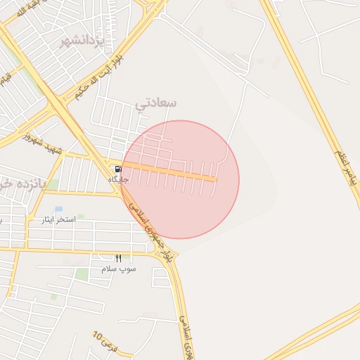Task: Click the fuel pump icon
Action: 117,169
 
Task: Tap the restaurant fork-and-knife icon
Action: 118,259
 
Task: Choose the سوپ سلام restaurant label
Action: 118,269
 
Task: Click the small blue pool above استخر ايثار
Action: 58,209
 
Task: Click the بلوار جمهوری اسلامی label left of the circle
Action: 150,229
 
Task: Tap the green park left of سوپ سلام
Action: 83,274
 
